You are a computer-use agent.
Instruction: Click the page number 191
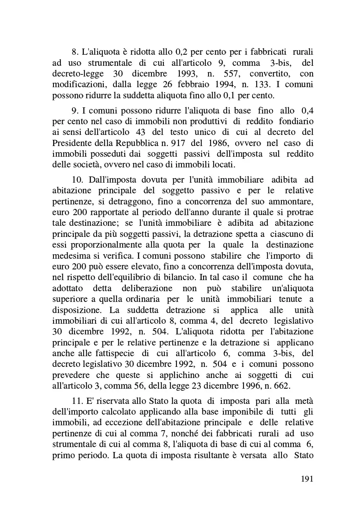pos(307,479)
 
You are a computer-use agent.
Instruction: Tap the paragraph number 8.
pos(74,52)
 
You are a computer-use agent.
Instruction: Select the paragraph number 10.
pos(77,180)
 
